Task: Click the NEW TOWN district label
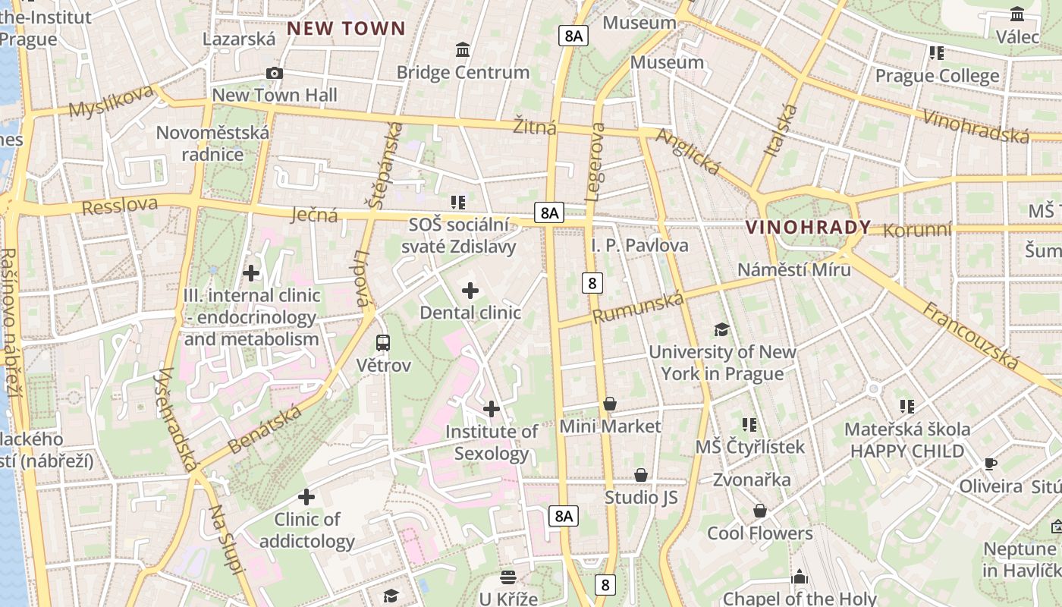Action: click(346, 29)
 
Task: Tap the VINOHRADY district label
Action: click(808, 227)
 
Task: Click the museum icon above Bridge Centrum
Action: click(463, 50)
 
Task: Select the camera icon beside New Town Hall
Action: click(275, 73)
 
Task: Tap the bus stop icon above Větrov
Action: click(383, 343)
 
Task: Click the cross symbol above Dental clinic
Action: click(470, 291)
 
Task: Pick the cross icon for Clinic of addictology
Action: click(306, 497)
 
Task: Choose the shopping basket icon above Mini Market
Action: click(610, 404)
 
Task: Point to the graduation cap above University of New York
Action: click(721, 329)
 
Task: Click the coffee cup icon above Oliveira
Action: click(990, 464)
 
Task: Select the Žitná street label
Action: click(535, 126)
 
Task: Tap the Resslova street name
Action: click(120, 206)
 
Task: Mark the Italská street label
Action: click(781, 130)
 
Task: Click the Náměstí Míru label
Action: click(794, 269)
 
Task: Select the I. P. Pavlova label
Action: click(639, 245)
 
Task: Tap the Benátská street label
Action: click(265, 429)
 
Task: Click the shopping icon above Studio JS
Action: click(641, 475)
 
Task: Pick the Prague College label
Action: click(937, 76)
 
